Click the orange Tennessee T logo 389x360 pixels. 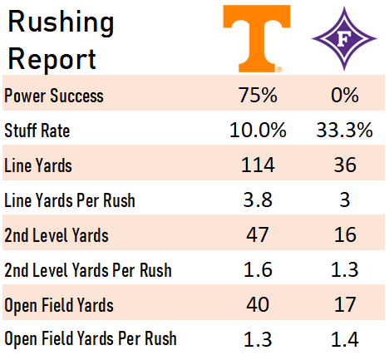tap(257, 39)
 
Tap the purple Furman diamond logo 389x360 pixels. tap(344, 39)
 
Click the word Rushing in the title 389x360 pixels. tap(61, 22)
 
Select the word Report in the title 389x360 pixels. tap(52, 59)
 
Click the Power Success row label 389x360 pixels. tap(54, 96)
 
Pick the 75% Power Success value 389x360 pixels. tap(258, 95)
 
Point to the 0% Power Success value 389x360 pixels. tap(345, 95)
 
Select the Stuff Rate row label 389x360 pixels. tap(37, 131)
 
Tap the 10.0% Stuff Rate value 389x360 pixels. tap(258, 130)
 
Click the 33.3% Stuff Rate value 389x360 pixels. tap(345, 130)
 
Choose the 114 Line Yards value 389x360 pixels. tap(258, 165)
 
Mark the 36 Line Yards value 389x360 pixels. tap(345, 165)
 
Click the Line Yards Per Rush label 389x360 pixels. tap(70, 200)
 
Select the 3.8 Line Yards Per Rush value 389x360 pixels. tap(258, 200)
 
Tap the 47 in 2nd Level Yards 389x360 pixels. tap(258, 234)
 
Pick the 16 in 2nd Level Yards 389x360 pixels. tap(345, 234)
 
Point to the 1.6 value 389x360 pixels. tap(258, 269)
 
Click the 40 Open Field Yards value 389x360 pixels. tap(258, 304)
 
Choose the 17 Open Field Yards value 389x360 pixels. tap(345, 304)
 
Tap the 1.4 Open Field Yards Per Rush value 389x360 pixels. tap(345, 339)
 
